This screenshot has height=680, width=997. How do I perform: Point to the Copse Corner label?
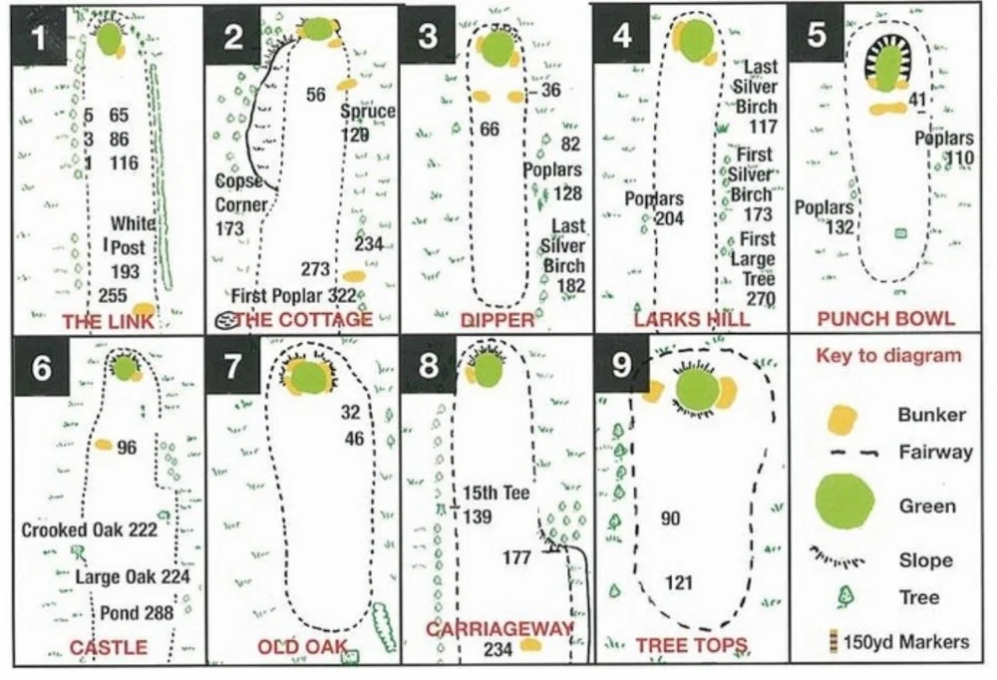pos(241,193)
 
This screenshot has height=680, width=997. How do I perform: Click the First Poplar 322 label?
pos(293,297)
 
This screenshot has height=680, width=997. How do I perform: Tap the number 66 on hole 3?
pos(489,130)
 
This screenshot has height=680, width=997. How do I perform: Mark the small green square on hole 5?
pos(901,232)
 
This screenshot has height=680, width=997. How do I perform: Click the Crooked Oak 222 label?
pos(90,529)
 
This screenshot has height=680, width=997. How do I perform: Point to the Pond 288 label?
pos(137,612)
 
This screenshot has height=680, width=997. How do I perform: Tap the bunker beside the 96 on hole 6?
pos(104,445)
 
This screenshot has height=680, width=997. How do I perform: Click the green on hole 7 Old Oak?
pos(308,378)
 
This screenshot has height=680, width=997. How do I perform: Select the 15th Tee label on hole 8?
pos(496,495)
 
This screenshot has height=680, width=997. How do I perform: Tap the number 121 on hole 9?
pos(678,582)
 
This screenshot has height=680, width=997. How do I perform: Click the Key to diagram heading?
pos(888,356)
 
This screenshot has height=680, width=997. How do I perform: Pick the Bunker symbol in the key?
pos(842,419)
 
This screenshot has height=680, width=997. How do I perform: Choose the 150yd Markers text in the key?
pos(906,641)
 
